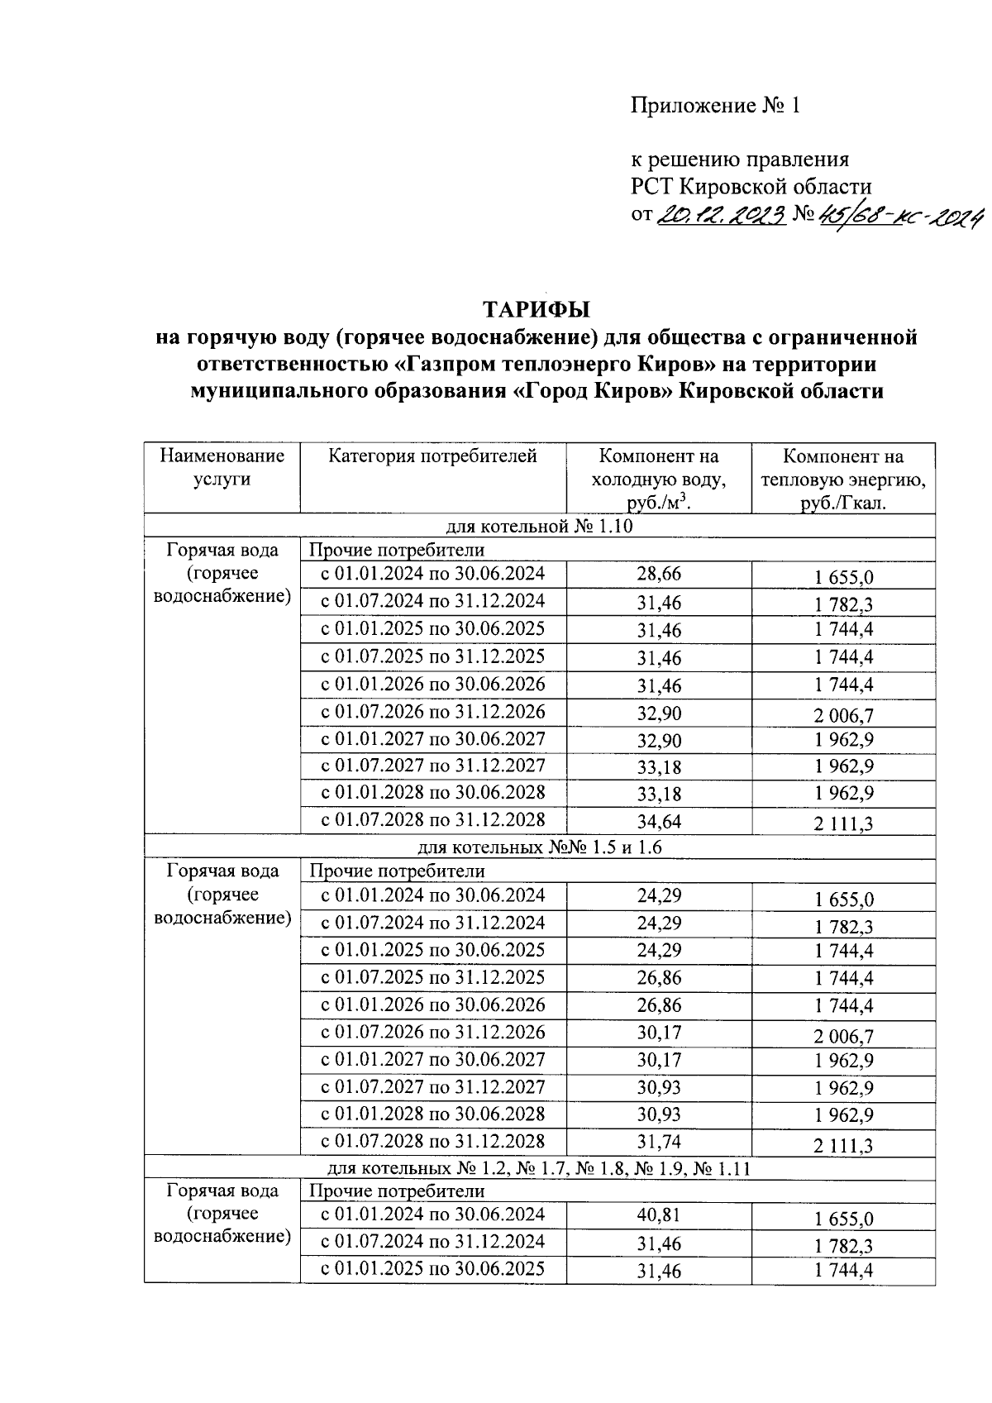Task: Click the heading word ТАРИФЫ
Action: pos(537,310)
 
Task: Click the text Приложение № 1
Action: pos(716,106)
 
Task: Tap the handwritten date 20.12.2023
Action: pos(720,217)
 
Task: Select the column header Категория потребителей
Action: pos(432,456)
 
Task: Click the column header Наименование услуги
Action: pos(222,467)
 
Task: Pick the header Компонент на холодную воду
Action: pos(659,480)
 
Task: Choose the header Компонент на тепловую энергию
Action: pos(843,480)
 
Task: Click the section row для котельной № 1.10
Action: pos(539,527)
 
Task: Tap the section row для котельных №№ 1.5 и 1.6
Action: pos(539,847)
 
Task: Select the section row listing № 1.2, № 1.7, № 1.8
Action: pos(539,1167)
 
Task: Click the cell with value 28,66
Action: pos(659,575)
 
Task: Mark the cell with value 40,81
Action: pos(659,1215)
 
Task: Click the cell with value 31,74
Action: pos(659,1142)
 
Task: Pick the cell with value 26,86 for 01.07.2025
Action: pos(659,978)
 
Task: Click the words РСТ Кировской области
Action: pos(751,187)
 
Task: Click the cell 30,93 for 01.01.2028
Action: pos(659,1115)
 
